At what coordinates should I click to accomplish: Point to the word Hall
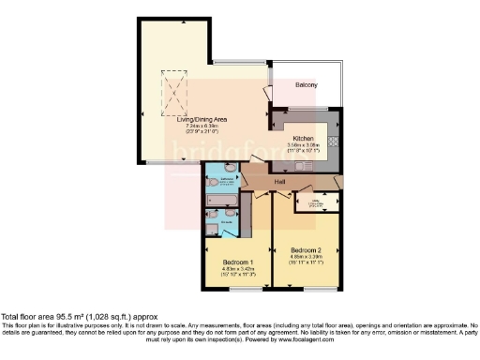[279, 181]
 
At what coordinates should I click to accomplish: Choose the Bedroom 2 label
[306, 250]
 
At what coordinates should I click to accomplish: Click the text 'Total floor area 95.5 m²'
[58, 317]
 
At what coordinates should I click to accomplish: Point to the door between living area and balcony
[264, 95]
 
